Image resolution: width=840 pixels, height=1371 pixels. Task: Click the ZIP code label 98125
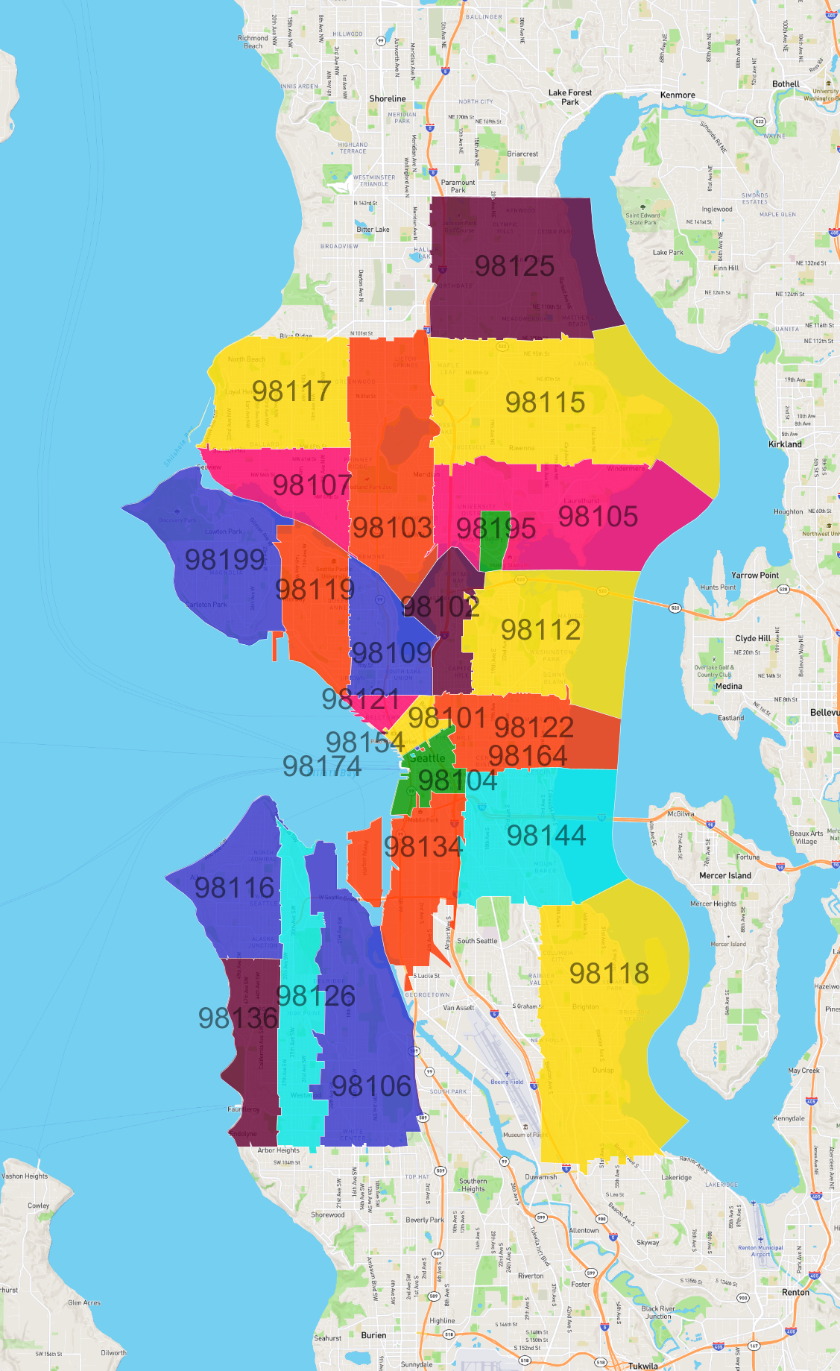(514, 266)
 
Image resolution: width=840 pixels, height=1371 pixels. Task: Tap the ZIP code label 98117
(291, 391)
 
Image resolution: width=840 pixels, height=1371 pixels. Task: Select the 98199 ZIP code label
(224, 559)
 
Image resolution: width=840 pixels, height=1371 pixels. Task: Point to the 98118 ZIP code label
(609, 973)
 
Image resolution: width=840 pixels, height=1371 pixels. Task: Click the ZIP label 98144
(546, 836)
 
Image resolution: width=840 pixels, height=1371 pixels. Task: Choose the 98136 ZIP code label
(238, 1018)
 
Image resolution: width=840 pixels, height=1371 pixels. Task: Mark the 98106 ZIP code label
(371, 1086)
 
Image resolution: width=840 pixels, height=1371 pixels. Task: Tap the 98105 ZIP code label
(598, 516)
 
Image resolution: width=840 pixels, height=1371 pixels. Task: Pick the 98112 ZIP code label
(540, 630)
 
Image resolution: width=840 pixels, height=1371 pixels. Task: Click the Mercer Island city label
(724, 875)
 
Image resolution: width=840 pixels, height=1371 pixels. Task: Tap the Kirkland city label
(785, 444)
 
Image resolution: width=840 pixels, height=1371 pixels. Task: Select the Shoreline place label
(388, 98)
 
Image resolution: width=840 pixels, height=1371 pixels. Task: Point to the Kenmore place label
(678, 95)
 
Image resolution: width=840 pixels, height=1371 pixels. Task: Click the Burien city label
(373, 1334)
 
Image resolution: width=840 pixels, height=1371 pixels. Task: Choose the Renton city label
(795, 1292)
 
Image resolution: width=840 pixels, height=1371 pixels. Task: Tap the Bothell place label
(786, 84)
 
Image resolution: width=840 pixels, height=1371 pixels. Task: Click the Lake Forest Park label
(570, 97)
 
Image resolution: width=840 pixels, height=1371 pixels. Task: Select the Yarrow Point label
(754, 575)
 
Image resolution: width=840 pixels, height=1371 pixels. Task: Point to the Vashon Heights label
(25, 1176)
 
